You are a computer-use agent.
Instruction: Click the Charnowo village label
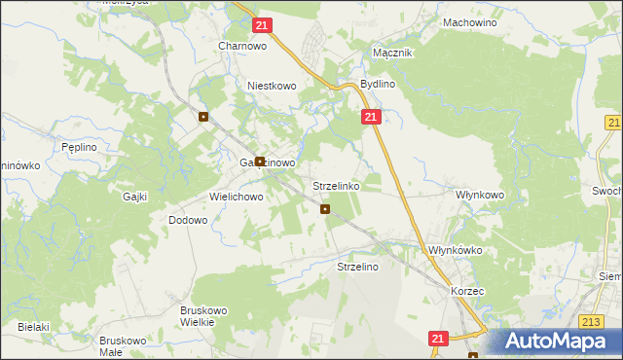click(x=242, y=45)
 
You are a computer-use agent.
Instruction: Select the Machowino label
click(x=469, y=21)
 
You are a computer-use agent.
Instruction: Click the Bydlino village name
click(x=378, y=85)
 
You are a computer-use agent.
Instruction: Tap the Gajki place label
click(x=134, y=197)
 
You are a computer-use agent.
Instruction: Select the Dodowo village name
click(x=188, y=221)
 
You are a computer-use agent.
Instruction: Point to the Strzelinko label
click(x=336, y=185)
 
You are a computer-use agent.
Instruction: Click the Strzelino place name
click(x=356, y=266)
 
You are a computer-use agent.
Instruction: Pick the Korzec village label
click(x=467, y=291)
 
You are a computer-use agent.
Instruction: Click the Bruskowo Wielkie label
click(x=203, y=316)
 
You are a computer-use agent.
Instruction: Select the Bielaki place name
click(x=32, y=327)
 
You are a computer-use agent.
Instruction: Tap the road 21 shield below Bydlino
click(x=370, y=117)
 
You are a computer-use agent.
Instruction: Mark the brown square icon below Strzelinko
click(x=325, y=208)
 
